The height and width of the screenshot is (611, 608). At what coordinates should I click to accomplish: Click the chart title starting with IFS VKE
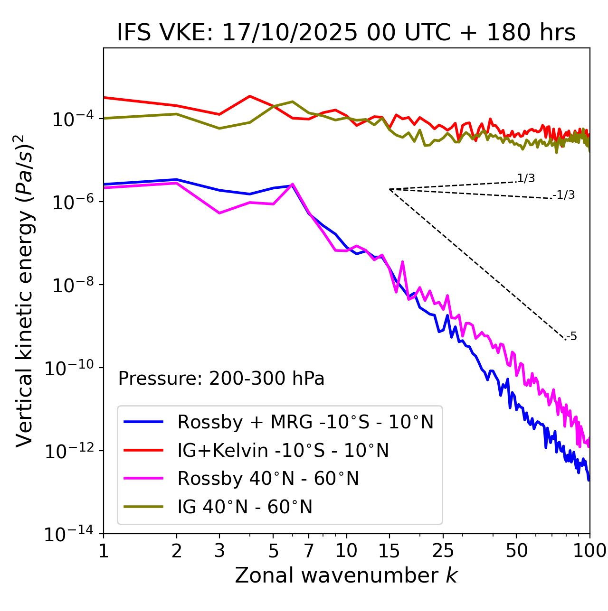click(x=346, y=33)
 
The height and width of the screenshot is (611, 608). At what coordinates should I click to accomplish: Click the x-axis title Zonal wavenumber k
click(x=346, y=575)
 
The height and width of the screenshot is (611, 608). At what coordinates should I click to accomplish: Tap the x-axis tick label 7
click(x=309, y=551)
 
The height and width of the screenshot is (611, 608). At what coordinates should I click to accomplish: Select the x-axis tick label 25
click(x=443, y=551)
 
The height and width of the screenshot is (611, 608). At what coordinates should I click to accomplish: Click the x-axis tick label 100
click(x=589, y=551)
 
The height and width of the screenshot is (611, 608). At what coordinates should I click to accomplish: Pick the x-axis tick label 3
click(x=219, y=551)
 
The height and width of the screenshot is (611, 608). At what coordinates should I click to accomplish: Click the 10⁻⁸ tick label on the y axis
click(x=72, y=286)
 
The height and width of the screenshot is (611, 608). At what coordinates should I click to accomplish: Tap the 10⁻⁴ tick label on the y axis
click(x=72, y=119)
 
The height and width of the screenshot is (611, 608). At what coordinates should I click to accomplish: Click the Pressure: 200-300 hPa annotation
click(x=221, y=379)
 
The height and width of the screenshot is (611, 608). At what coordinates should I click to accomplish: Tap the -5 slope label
click(x=571, y=336)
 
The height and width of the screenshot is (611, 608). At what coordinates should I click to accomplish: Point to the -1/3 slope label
click(x=564, y=195)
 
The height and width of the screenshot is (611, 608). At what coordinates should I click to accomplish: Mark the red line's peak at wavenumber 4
click(x=250, y=96)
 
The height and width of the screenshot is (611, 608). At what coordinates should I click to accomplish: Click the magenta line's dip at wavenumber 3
click(x=219, y=213)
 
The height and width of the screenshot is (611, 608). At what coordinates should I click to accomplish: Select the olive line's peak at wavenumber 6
click(x=293, y=102)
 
